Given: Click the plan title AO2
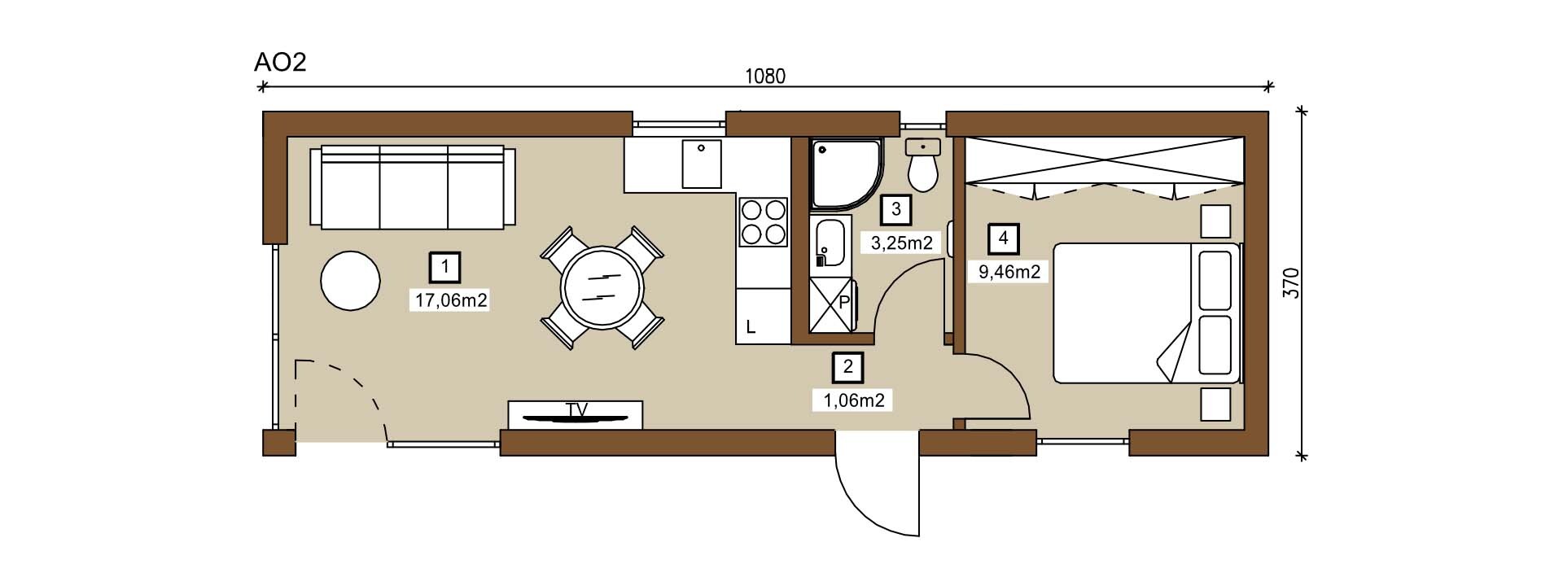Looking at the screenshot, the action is (280, 62).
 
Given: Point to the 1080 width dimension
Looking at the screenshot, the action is (765, 77).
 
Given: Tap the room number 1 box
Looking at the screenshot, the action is (444, 266).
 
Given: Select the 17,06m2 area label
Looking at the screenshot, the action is (451, 300).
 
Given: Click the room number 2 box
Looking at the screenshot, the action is (848, 367).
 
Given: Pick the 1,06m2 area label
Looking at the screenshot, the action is (854, 400).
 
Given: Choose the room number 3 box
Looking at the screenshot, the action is (896, 209).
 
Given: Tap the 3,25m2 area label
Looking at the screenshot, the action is (901, 242).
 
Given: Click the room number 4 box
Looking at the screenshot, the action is (1004, 238).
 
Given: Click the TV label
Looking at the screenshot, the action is (576, 409).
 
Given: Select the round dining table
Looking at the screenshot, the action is (602, 287).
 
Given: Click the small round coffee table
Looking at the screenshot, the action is (350, 280).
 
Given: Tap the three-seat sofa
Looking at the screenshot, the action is (413, 186).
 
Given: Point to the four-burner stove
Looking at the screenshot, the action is (763, 222).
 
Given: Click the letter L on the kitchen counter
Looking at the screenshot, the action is (751, 328).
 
